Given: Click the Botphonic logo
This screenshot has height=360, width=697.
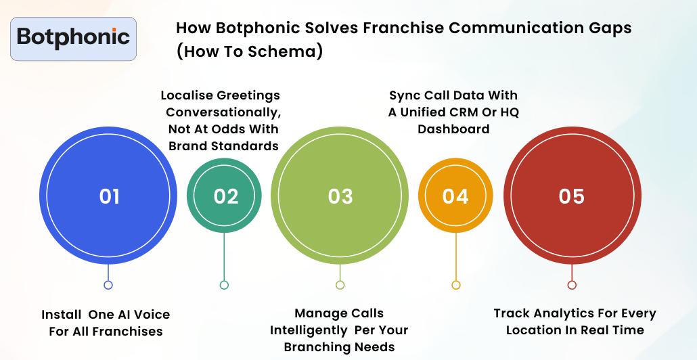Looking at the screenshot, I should coord(74,38).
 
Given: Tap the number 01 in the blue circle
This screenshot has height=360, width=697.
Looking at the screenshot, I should coord(109,196).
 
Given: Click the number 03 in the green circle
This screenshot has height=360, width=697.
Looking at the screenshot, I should coord(340,196).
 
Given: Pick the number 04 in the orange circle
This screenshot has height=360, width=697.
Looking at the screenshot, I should coord(455,196).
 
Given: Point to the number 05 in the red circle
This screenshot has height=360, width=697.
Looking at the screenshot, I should coord(572,196).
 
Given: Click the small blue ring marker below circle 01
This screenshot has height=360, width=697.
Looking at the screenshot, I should coord(108,285).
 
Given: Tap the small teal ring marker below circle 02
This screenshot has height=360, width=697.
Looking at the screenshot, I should coord(224,285).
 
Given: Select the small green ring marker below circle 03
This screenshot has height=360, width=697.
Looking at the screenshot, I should coord(340,285).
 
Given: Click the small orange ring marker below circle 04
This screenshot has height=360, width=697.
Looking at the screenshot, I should coord(455,285).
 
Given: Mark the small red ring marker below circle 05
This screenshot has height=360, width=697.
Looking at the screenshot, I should coord(572,285).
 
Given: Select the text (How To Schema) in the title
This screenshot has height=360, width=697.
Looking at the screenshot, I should coord(249,52).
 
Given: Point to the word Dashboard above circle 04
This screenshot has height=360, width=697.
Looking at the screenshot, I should coord(453,129).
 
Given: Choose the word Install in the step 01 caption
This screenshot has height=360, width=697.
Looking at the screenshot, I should coord(62,315).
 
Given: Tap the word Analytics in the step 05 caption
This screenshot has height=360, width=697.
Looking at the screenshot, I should coord(561,313).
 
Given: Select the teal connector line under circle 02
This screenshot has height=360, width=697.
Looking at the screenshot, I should coord(224,257).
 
